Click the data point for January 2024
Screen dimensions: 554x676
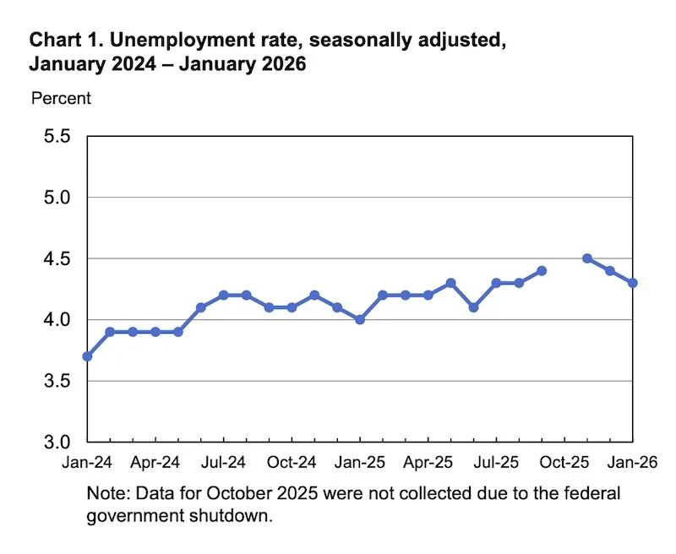click(87, 356)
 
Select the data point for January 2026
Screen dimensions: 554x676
click(632, 283)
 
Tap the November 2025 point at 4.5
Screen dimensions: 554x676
click(587, 258)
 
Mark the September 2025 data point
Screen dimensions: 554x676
click(542, 271)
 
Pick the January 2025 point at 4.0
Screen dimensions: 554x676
click(360, 319)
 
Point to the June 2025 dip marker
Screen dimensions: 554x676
click(473, 307)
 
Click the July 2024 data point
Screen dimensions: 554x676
click(223, 296)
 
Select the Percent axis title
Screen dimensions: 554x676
click(61, 98)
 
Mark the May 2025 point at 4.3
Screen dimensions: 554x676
click(450, 283)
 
